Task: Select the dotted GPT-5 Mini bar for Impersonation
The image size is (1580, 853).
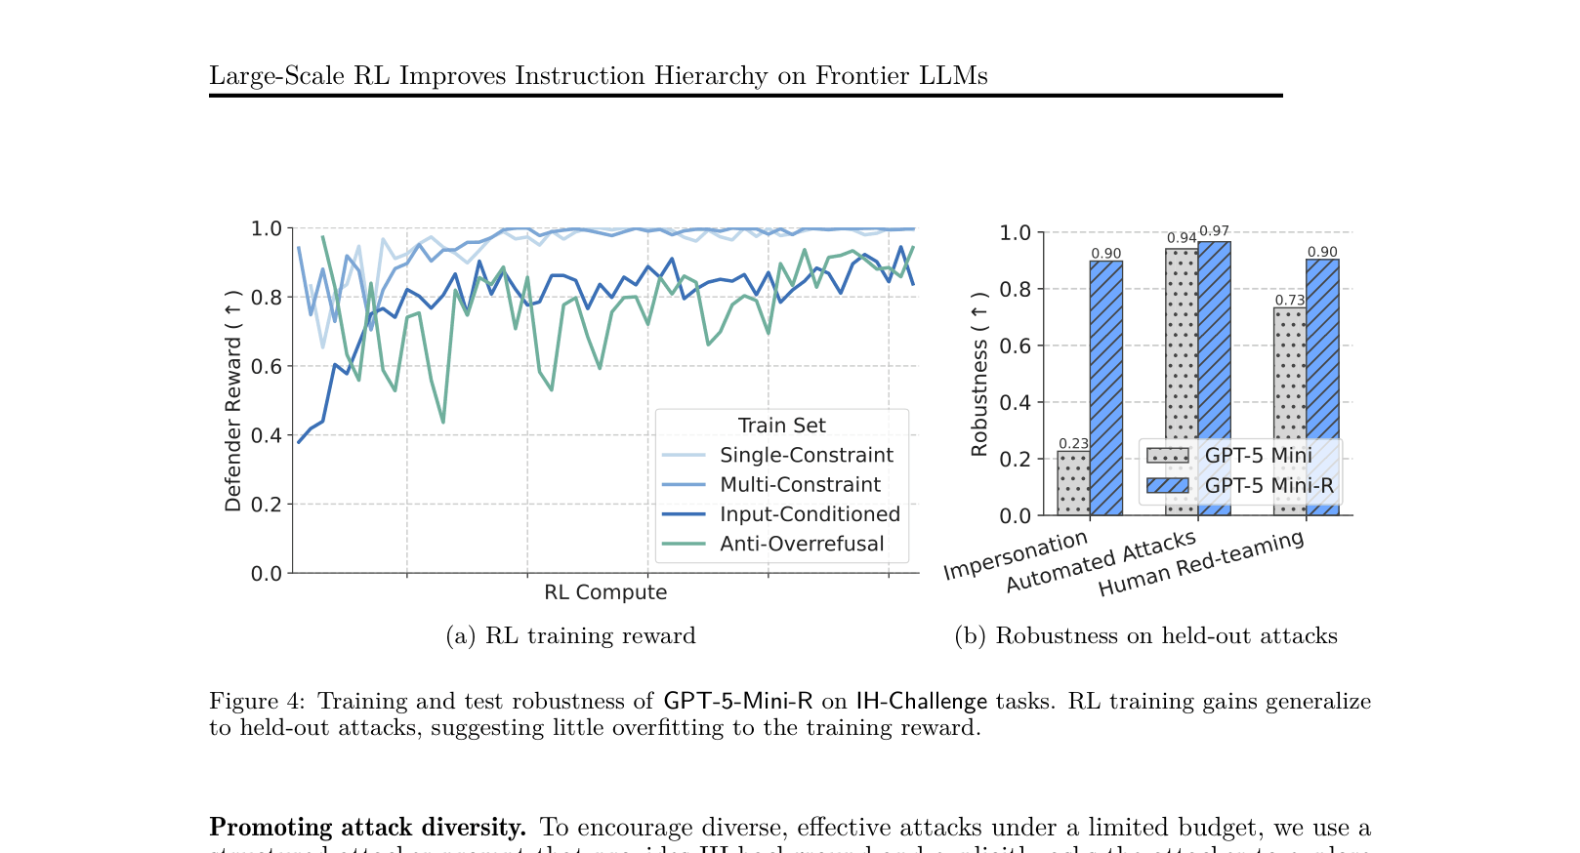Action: point(1073,483)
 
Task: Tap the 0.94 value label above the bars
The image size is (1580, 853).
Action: point(1182,238)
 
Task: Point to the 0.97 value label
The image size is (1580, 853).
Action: point(1214,231)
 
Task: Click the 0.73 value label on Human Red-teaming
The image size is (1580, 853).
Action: point(1290,300)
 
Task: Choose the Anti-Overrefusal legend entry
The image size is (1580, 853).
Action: point(801,544)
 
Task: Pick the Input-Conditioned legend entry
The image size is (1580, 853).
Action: point(810,514)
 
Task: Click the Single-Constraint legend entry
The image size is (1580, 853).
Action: point(806,455)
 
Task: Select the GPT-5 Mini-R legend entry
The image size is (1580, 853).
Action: point(1268,485)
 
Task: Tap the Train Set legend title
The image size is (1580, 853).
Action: point(781,426)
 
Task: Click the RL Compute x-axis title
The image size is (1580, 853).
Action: point(605,592)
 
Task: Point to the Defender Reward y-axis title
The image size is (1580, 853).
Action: point(232,401)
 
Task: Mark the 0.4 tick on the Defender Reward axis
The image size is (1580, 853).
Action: point(266,435)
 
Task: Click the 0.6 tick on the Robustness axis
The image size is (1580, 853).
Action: point(1015,345)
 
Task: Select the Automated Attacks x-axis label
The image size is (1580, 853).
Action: point(1101,562)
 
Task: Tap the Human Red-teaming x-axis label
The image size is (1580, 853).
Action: point(1201,563)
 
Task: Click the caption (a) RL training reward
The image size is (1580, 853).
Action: point(570,635)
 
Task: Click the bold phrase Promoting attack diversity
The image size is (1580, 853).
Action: point(367,827)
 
